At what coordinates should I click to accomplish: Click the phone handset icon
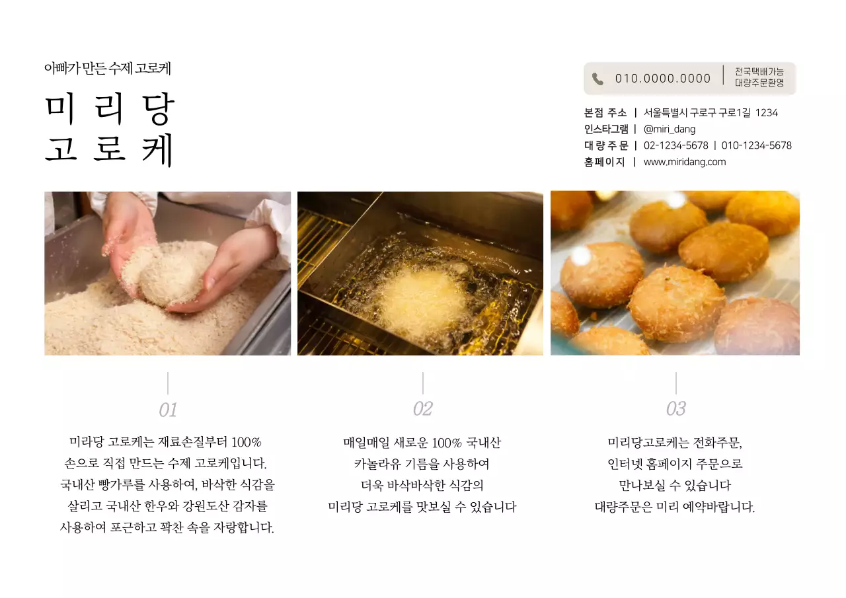[597, 79]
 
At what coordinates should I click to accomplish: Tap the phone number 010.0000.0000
[662, 79]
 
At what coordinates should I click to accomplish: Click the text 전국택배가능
[759, 71]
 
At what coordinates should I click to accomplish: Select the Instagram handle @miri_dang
[669, 129]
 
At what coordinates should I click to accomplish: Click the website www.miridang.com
[684, 162]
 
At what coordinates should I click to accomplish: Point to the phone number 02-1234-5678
[675, 145]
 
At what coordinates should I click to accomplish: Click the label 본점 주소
[605, 112]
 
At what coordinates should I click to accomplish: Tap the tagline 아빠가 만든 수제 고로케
[108, 68]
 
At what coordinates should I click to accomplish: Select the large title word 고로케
[110, 149]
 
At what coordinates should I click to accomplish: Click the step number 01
[168, 410]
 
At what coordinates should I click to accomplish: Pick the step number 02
[422, 409]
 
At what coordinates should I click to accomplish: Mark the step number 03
[675, 409]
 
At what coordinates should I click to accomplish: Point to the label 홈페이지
[604, 162]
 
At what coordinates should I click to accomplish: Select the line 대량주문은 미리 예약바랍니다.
[674, 507]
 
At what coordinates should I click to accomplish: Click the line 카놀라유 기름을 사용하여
[422, 464]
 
